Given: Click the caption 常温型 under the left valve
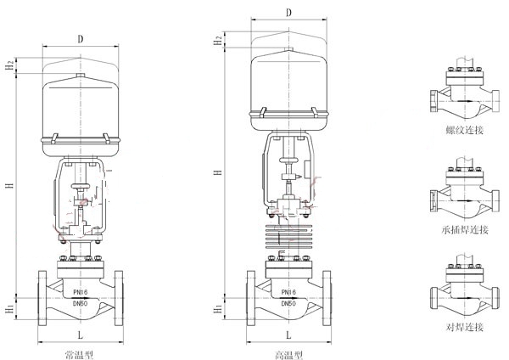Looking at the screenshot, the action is (80, 355).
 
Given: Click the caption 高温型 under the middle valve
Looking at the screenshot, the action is (288, 355).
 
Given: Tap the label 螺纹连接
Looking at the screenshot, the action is (465, 130).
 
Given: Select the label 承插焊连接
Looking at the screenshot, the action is (465, 230).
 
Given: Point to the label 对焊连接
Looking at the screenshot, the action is (465, 327).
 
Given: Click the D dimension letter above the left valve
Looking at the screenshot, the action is (81, 39).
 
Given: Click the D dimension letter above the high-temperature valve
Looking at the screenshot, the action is (288, 13).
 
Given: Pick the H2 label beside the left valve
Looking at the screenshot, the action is (11, 65).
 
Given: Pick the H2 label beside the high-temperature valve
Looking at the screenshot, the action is (218, 40).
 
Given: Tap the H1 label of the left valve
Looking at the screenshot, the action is (10, 309).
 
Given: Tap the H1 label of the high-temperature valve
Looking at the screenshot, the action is (218, 309).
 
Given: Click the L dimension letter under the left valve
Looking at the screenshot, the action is (81, 335).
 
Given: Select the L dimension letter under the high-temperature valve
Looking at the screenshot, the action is (288, 335).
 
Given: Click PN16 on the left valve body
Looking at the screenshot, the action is (80, 292).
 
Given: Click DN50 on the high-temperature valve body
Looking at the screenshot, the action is (288, 303).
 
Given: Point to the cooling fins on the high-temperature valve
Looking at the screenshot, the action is (289, 235).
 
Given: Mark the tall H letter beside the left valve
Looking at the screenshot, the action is (11, 185).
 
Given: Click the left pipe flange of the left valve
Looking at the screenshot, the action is (42, 298).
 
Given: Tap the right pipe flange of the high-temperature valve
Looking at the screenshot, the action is (327, 298).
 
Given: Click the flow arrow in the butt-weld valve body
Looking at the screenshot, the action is (464, 298).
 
